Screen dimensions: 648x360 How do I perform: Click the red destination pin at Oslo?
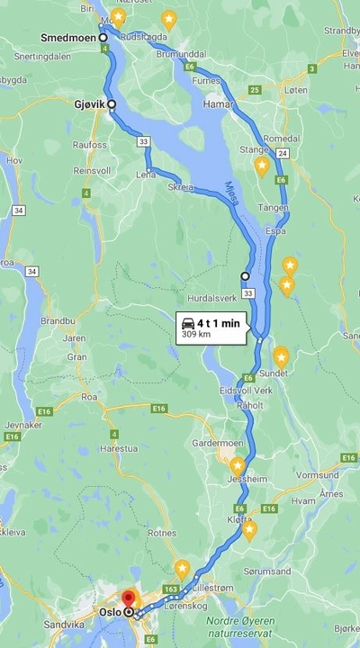[x=128, y=598]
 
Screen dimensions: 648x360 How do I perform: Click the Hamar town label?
[x=220, y=104]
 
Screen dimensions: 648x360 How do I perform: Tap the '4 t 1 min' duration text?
[x=219, y=322]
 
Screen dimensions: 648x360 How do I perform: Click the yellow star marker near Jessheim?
[x=237, y=466]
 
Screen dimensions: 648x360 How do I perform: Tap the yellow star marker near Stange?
[x=261, y=166]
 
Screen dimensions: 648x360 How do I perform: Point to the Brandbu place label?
[x=58, y=319]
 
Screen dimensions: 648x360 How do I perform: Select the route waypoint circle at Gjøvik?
[x=112, y=104]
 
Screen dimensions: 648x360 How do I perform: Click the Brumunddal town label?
[x=180, y=53]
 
